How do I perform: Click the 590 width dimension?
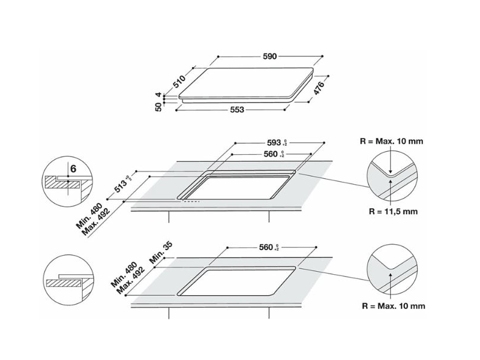click(x=269, y=56)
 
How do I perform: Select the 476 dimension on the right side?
click(x=320, y=89)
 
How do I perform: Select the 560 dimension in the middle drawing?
click(x=272, y=154)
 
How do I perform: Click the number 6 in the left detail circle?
click(x=73, y=169)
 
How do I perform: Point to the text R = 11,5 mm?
click(x=393, y=212)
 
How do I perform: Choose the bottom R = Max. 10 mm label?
click(x=393, y=306)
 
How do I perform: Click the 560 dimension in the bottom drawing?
click(x=268, y=247)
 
